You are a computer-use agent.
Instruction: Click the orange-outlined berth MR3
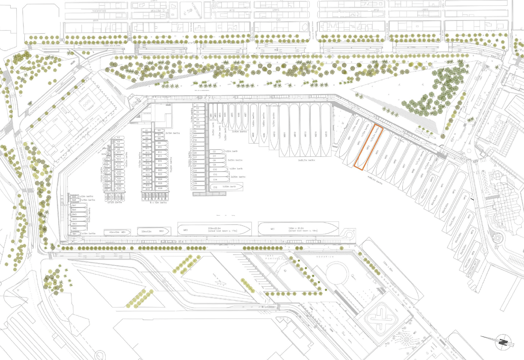[x=368, y=147]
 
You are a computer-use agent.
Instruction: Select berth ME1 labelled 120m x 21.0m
[x=298, y=229]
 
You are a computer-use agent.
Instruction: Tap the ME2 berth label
[x=186, y=230]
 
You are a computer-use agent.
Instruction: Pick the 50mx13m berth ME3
[x=153, y=231]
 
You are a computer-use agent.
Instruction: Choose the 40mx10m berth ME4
[x=117, y=232]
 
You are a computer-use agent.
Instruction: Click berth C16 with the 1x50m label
[x=227, y=187]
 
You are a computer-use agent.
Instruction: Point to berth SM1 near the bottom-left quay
[x=75, y=234]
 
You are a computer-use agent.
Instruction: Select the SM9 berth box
[x=74, y=197]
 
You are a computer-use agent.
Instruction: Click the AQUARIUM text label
[x=325, y=257]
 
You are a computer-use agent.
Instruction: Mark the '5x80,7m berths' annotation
[x=306, y=160]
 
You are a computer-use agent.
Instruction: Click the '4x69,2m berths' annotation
[x=375, y=180]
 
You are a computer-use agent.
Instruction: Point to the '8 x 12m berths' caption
[x=158, y=203]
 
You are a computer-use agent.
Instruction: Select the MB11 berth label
[x=285, y=135]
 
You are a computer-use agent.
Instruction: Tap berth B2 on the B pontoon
[x=160, y=131]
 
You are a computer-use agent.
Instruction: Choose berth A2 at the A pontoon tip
[x=119, y=138]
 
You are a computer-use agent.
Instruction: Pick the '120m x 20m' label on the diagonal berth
[x=388, y=267]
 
